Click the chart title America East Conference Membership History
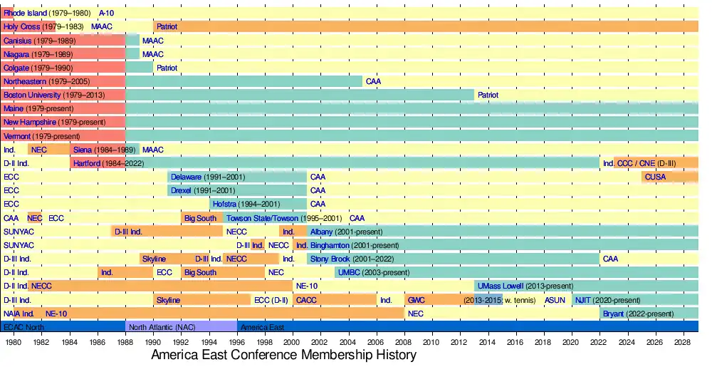(283, 354)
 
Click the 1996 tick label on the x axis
(236, 342)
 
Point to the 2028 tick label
(682, 342)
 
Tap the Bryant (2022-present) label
(638, 314)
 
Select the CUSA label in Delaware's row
(655, 177)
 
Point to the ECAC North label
(23, 327)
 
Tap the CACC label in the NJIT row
(307, 300)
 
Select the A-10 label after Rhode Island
(106, 13)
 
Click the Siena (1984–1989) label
(104, 150)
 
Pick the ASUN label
(555, 300)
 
